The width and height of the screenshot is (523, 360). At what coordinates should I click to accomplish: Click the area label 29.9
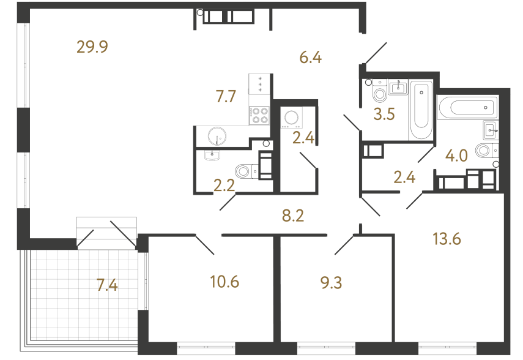(92, 47)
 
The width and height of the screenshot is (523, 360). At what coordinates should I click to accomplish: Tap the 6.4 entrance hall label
(310, 58)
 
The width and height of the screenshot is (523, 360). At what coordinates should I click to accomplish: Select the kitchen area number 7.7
(225, 96)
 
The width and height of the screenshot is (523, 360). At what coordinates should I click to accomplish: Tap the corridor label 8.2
(293, 216)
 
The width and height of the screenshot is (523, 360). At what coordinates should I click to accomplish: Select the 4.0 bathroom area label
(456, 155)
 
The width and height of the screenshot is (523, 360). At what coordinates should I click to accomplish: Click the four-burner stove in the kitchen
(260, 115)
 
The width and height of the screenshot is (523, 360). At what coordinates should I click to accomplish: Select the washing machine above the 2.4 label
(290, 118)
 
